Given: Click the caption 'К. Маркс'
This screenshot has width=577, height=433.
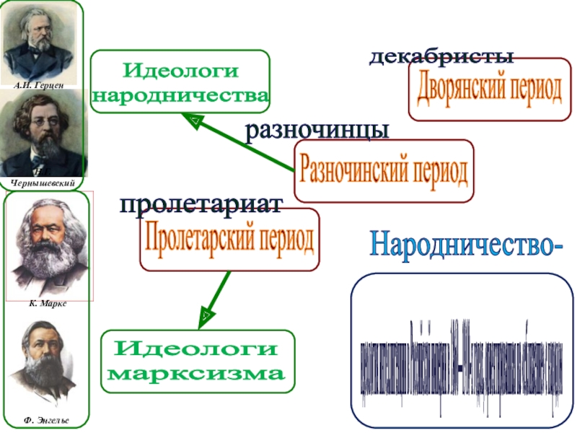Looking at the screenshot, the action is click(48, 305).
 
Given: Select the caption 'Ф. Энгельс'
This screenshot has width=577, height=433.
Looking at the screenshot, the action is click(48, 419).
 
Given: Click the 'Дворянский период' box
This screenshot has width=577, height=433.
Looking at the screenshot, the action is click(489, 89).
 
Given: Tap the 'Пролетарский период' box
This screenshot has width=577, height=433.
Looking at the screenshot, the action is click(229, 239).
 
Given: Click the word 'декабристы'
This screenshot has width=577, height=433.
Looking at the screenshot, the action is click(441, 57).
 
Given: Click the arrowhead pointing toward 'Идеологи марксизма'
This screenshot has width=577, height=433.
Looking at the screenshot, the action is click(205, 315).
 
